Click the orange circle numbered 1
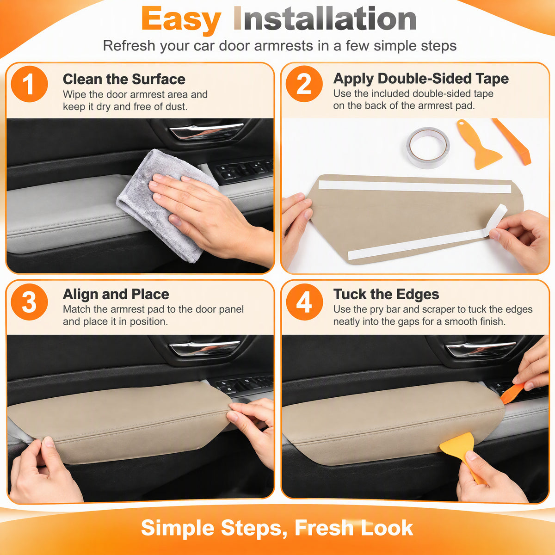point(29,84)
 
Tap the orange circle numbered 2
point(304,84)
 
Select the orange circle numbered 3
point(29,302)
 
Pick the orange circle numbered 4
point(304,302)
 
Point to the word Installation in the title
point(325,18)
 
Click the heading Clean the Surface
point(124,79)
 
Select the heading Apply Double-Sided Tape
point(421,79)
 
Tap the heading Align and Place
point(116,294)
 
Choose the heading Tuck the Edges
point(386,294)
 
